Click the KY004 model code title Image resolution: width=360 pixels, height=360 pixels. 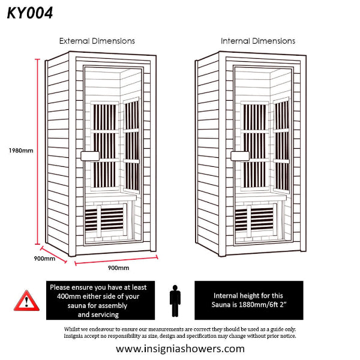30,13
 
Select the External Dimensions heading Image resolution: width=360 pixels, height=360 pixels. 97,41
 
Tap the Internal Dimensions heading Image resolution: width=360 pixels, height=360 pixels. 258,41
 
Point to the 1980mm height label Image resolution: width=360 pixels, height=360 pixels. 20,150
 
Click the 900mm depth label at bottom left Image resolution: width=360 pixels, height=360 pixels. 44,259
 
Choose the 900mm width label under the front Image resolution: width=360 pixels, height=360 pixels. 118,268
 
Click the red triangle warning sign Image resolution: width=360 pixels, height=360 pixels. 26,299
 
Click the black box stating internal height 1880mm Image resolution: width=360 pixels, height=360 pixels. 249,300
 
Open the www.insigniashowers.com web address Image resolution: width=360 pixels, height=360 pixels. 180,349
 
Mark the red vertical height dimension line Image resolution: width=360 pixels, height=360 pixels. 38,150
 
